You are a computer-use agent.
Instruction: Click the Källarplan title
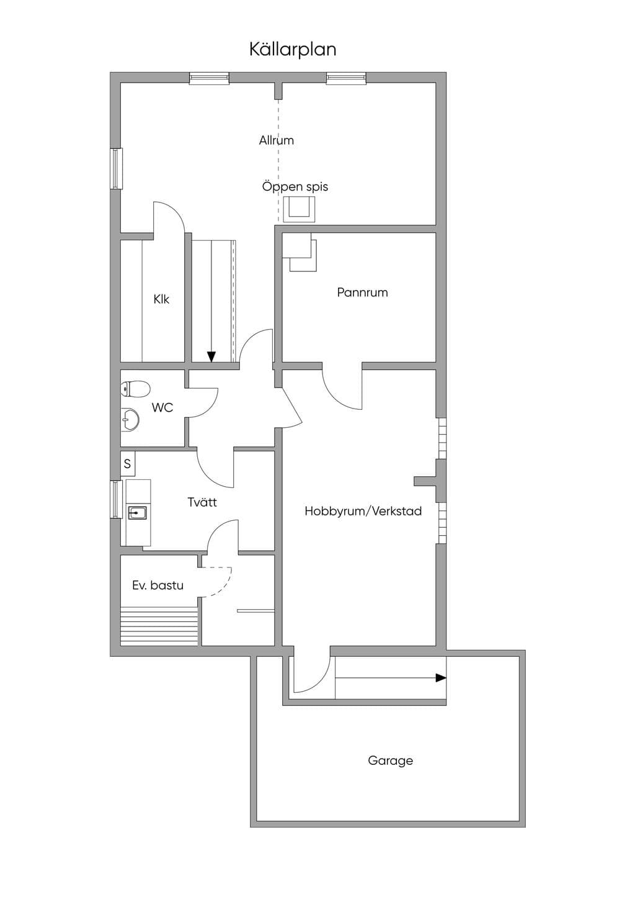[293, 50]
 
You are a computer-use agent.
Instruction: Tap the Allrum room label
[276, 140]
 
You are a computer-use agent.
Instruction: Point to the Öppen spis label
[295, 187]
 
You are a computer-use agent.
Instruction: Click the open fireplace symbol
[299, 209]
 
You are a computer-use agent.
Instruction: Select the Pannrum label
[362, 292]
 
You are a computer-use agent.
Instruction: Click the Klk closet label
[161, 299]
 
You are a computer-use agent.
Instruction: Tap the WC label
[162, 407]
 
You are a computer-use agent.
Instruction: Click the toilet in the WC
[135, 389]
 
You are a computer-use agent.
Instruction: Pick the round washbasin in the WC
[130, 420]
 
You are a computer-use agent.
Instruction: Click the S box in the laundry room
[128, 464]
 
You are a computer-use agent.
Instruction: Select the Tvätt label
[202, 502]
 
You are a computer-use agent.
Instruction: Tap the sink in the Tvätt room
[138, 513]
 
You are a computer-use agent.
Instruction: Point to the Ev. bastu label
[158, 585]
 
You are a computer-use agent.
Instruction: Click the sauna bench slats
[159, 626]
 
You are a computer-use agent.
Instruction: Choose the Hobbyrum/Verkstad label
[363, 511]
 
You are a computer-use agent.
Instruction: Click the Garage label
[391, 761]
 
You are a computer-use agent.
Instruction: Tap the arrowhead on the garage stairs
[441, 678]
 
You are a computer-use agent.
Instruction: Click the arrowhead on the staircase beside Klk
[211, 356]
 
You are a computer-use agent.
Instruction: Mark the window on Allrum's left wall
[117, 168]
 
